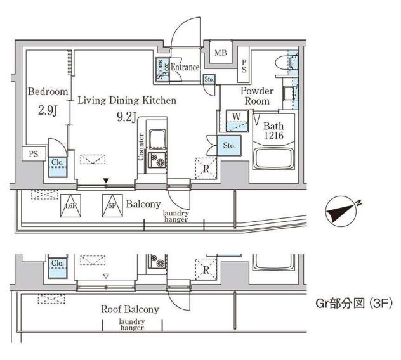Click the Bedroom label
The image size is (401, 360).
[48, 91]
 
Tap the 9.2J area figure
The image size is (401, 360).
[126, 117]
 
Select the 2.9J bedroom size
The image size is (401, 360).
[48, 111]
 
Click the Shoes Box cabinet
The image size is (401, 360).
[162, 70]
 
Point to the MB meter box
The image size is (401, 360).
[221, 53]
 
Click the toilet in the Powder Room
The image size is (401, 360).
[286, 62]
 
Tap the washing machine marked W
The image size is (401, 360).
[237, 121]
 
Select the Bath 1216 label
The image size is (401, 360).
[273, 131]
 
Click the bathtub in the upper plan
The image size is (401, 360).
[273, 158]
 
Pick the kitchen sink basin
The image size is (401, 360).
[157, 139]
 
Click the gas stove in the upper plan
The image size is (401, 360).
[157, 160]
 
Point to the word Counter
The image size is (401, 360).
[141, 147]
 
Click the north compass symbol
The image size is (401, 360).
[341, 211]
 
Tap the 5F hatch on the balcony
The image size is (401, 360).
[112, 206]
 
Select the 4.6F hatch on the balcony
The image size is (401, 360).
[70, 206]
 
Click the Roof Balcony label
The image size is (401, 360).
[130, 309]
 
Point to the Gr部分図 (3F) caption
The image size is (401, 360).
[354, 304]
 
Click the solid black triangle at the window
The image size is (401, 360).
[107, 181]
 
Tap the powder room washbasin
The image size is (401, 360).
[289, 94]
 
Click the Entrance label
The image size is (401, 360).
[185, 67]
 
